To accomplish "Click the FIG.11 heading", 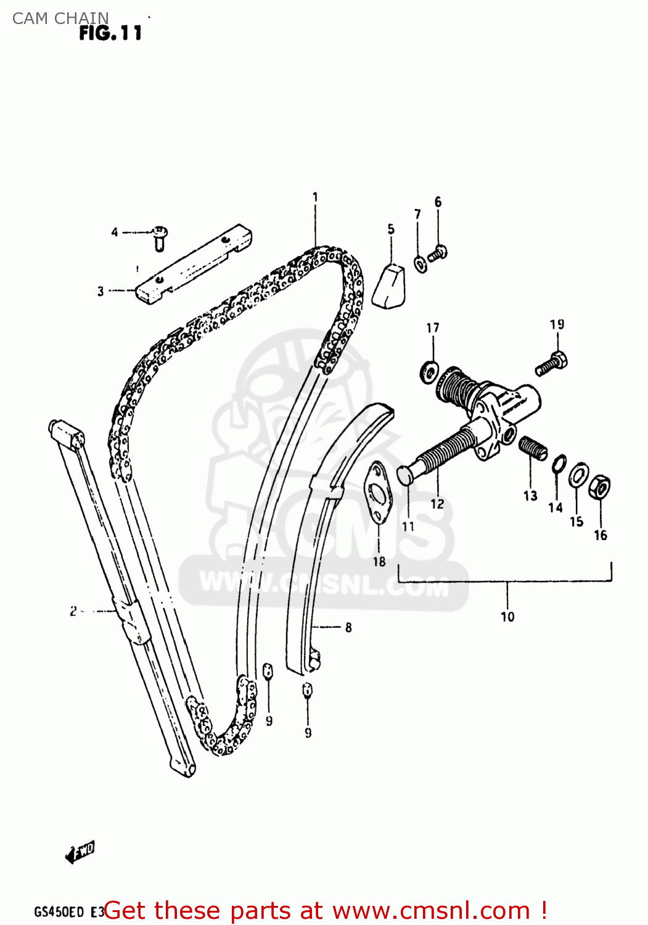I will (110, 33).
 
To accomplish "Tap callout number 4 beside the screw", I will (115, 232).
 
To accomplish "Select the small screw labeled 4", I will (160, 238).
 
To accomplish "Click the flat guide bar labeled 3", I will (194, 265).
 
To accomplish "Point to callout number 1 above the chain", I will (315, 197).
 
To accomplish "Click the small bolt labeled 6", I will (438, 252).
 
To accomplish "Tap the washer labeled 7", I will (420, 265).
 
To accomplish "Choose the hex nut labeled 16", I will (600, 488).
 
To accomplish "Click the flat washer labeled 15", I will (578, 475).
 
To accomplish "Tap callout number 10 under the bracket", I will (507, 617).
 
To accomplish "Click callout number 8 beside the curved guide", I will (348, 627).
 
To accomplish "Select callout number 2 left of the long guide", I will (73, 611).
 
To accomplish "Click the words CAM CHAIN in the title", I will (60, 18).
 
